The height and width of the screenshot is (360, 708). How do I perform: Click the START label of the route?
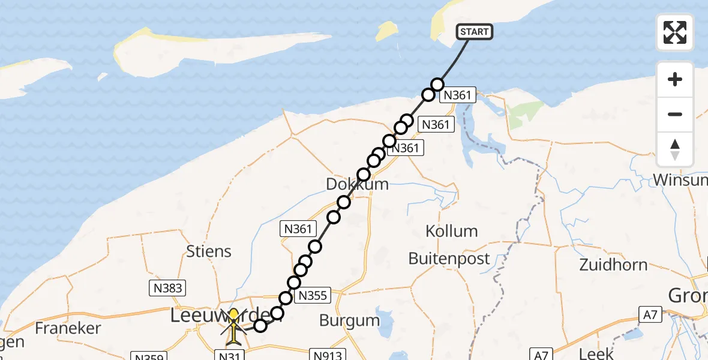pos(475,31)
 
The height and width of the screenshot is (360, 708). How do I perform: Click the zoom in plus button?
pos(675,79)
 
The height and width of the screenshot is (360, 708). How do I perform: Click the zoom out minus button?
pos(675,114)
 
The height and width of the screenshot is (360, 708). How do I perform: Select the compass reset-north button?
pos(675,149)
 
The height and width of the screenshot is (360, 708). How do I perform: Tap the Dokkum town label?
pos(358,184)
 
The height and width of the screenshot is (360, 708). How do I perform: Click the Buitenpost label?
pos(449,259)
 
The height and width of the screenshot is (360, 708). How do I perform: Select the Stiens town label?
pos(209,251)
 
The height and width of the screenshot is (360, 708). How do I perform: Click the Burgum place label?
pos(349,320)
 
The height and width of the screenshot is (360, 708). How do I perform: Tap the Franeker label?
pos(67,328)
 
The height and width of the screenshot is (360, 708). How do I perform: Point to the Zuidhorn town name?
pos(613,265)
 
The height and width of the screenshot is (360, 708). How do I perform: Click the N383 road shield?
pos(167,288)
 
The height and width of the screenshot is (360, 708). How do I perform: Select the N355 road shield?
pos(313,295)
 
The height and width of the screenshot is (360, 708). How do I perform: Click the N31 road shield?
pos(230,355)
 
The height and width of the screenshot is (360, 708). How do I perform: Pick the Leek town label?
pos(597,353)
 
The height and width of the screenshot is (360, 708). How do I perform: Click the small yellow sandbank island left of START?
pos(388,31)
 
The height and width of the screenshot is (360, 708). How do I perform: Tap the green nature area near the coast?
pos(524,113)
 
